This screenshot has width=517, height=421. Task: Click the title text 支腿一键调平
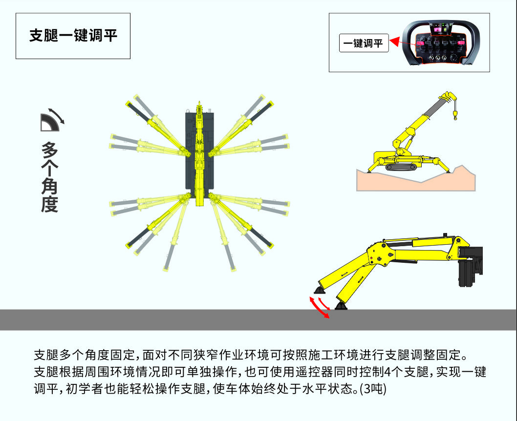[73, 36]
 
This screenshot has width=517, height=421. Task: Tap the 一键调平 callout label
[364, 43]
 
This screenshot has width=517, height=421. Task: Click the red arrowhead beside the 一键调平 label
[395, 42]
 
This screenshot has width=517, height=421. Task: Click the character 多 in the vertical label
[49, 150]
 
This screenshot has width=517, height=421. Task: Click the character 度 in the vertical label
[49, 204]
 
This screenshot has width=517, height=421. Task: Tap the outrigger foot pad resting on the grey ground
[341, 306]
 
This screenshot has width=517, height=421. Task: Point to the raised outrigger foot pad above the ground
[319, 290]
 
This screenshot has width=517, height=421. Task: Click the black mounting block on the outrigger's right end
[471, 266]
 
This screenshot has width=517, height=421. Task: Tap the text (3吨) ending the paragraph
[373, 389]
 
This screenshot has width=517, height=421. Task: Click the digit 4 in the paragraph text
[388, 372]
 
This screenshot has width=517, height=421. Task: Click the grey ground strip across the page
[258, 320]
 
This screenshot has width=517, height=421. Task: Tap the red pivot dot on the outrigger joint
[371, 258]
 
